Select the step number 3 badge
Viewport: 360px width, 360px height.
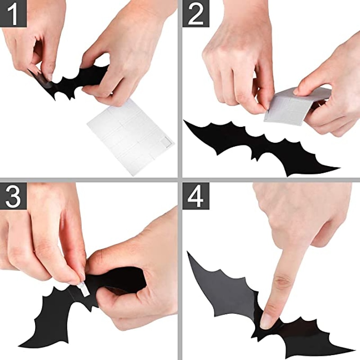[13, 195]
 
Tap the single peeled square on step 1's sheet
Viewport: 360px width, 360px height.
[165, 142]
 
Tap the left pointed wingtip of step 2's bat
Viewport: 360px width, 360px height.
[185, 121]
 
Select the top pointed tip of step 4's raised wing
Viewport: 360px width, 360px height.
[189, 253]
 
